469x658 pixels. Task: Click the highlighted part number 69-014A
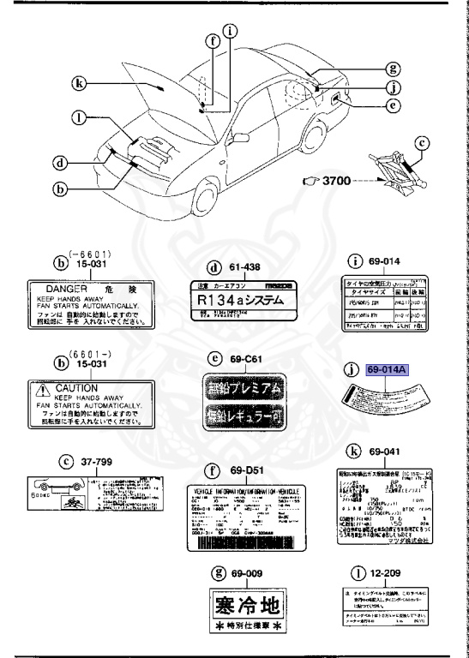click(x=389, y=371)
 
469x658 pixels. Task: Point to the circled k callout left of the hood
click(x=80, y=84)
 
